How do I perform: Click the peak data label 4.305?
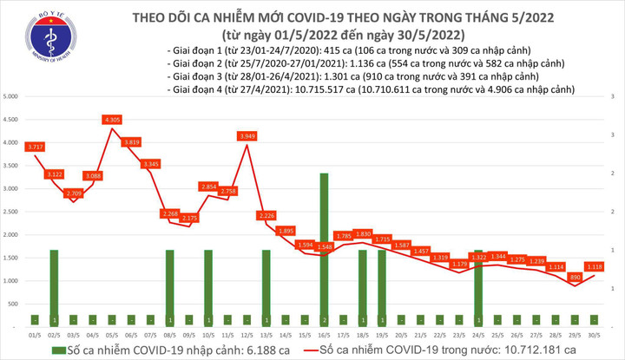click(112, 119)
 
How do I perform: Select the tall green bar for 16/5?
click(324, 247)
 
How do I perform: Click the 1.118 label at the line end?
click(597, 266)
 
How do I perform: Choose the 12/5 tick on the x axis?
click(247, 334)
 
